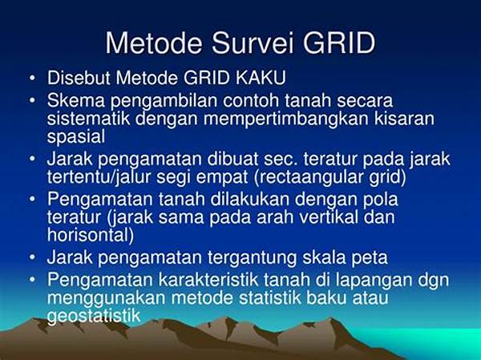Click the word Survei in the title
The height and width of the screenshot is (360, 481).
253,42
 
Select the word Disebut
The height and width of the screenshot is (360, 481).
79,78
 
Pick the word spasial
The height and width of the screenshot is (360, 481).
76,136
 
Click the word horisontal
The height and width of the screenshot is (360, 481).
91,235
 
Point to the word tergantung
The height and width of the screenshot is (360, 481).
252,258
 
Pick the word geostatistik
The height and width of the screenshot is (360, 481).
94,316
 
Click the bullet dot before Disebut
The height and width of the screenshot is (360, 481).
33,79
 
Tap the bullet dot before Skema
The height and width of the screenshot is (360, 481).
33,101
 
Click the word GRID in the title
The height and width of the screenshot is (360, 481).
339,42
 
